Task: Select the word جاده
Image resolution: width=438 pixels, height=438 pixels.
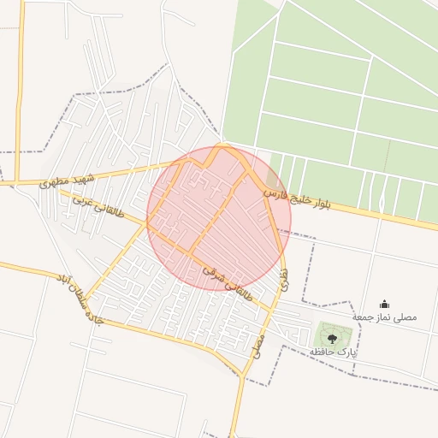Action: pos(89,315)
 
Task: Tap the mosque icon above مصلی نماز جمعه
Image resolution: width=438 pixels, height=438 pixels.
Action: pos(384,303)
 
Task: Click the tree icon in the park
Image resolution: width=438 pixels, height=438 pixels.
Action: pos(331,339)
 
